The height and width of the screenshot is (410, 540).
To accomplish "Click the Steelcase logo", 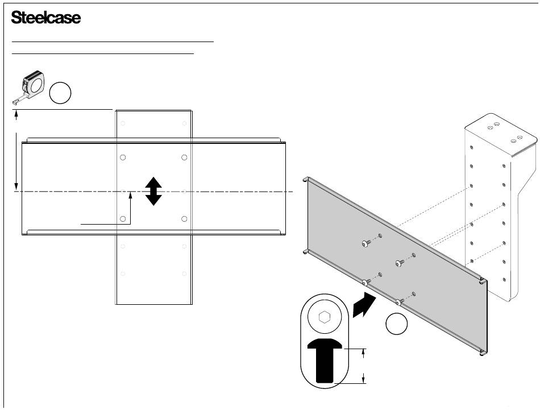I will coord(46,18).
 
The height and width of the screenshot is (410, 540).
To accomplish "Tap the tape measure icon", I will coord(29,86).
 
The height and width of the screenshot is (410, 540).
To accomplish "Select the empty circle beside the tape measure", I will coord(60,93).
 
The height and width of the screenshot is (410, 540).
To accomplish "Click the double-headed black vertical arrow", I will coord(153,191).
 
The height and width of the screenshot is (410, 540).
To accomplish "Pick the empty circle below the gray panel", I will coord(396,324).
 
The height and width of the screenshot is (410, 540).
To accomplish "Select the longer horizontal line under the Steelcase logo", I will coord(113,42).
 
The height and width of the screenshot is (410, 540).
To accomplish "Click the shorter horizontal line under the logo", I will coord(103,53).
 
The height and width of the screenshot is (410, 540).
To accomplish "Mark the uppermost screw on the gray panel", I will coord(365,243).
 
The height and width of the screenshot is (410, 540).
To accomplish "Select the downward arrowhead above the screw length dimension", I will coord(364,355).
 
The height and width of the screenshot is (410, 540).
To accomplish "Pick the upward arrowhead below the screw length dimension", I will coord(364,377).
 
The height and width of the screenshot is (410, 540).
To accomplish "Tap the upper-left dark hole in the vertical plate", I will coord(123,158).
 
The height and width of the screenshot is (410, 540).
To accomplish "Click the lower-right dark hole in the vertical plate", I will coord(184,218).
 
